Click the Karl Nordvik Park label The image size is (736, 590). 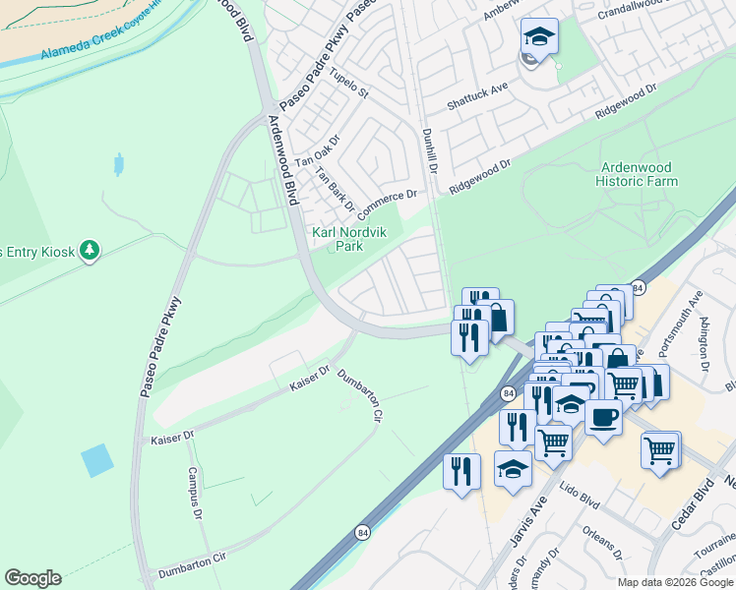click(x=337, y=239)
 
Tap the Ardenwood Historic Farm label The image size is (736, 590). click(x=638, y=174)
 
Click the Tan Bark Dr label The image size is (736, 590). click(x=334, y=189)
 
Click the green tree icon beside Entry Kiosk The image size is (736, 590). click(x=90, y=251)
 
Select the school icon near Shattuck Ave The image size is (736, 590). click(x=538, y=37)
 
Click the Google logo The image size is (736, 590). click(x=32, y=578)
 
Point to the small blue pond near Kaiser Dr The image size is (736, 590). click(x=96, y=460)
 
